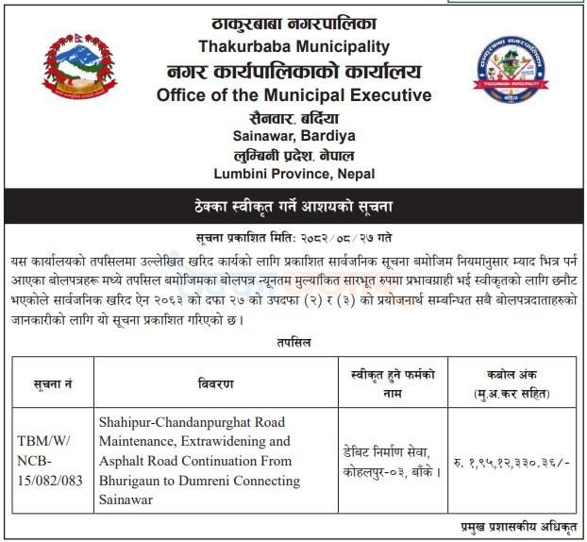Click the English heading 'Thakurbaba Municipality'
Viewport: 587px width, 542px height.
pos(293,46)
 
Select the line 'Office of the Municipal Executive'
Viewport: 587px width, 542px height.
pos(293,95)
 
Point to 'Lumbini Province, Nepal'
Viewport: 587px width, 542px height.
pos(293,175)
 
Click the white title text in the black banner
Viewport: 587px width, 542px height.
pos(293,205)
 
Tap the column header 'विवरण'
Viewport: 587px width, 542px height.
pos(216,383)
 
